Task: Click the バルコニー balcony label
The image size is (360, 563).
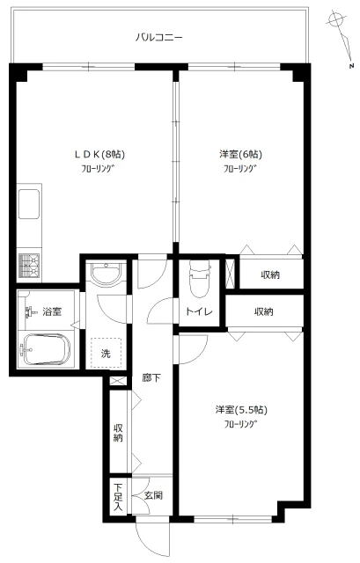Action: click(159, 37)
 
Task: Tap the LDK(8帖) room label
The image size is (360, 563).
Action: click(99, 155)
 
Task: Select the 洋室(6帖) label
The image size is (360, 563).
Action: click(240, 155)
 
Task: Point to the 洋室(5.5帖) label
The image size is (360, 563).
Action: click(241, 410)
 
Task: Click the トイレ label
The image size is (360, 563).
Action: click(199, 311)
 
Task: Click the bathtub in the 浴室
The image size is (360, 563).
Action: click(46, 349)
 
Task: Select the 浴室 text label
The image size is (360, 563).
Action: click(52, 311)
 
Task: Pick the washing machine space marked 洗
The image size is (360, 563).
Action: click(106, 353)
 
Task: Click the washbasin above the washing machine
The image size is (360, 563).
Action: click(106, 274)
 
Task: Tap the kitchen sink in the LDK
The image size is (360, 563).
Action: click(29, 203)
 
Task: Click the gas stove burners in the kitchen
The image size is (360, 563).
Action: click(29, 266)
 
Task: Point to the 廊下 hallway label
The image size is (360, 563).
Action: click(151, 377)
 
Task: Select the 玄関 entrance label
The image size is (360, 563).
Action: click(153, 495)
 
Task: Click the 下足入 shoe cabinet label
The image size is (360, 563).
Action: click(118, 497)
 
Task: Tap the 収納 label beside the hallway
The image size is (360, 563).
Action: click(118, 433)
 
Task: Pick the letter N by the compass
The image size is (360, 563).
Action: click(351, 66)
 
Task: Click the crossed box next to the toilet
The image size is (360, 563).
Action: click(231, 273)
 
